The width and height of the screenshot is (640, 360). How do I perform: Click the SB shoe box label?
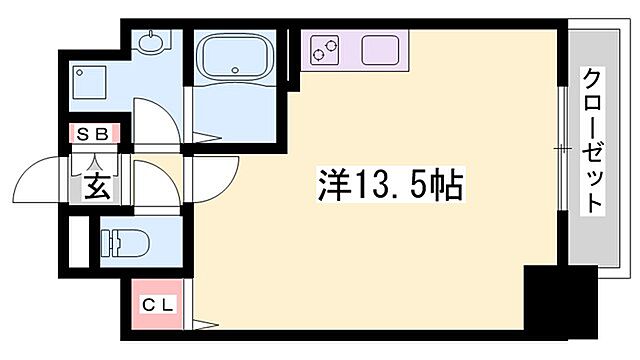pyautogui.click(x=93, y=131)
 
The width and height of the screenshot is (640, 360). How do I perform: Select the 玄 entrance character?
pyautogui.click(x=96, y=187)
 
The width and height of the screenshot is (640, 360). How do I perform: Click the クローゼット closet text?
pyautogui.click(x=593, y=140)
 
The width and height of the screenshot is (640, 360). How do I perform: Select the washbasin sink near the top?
pyautogui.click(x=151, y=44)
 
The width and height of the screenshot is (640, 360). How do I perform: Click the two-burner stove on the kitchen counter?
pyautogui.click(x=324, y=48)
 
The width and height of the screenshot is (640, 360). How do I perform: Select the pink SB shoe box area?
pyautogui.click(x=94, y=131)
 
